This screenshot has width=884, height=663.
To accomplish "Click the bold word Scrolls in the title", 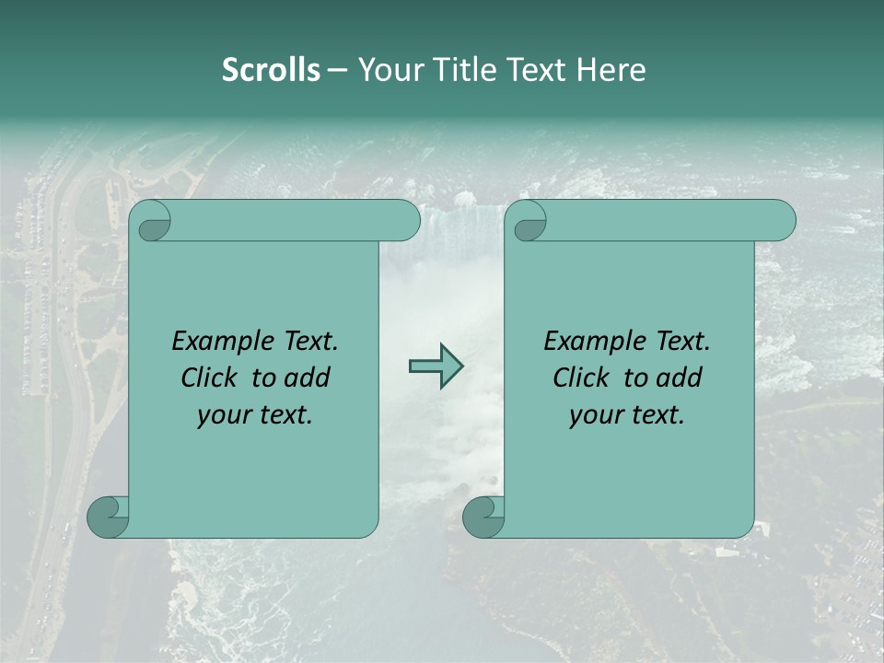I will click(x=271, y=70).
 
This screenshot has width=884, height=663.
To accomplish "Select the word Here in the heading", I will click(x=611, y=70).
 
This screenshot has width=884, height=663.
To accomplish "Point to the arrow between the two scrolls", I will click(x=436, y=367).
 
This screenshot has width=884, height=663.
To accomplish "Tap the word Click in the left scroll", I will click(x=208, y=378).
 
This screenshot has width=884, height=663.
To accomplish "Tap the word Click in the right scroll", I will click(x=580, y=378).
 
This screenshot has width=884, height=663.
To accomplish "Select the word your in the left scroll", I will click(x=221, y=415).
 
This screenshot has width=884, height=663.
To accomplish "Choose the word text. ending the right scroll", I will click(x=657, y=415).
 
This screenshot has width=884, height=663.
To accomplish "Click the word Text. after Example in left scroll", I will click(x=308, y=341).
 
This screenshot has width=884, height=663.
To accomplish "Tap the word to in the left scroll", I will click(x=264, y=378).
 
